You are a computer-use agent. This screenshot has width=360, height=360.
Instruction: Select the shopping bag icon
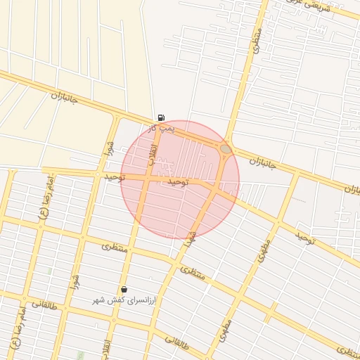124,289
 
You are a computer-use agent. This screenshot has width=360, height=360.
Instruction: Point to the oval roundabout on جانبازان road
225,149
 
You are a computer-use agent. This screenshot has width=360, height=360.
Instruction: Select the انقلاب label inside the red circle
151,156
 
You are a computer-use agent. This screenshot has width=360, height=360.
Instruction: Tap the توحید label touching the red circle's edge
115,177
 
